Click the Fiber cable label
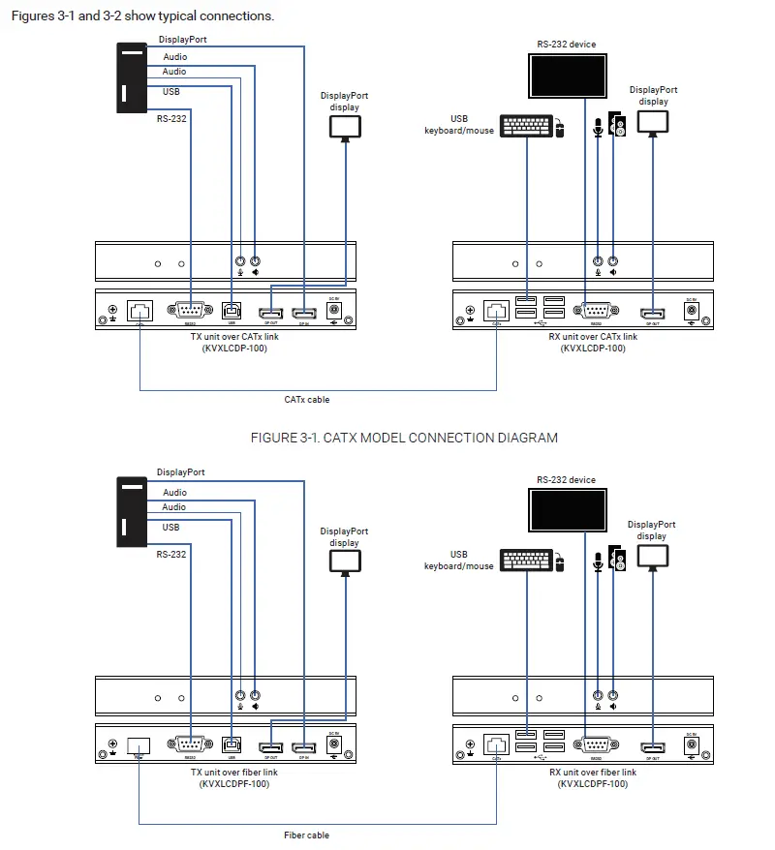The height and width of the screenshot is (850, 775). [306, 835]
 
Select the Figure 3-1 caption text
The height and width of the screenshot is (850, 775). [404, 438]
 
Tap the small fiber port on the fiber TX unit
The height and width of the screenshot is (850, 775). [139, 746]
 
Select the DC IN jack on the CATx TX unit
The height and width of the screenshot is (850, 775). [335, 311]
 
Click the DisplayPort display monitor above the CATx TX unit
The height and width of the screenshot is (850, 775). [344, 127]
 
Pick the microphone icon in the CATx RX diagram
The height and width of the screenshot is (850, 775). [598, 128]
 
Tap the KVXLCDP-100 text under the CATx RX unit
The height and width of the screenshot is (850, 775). [593, 349]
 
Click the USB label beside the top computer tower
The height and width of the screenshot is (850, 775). [170, 93]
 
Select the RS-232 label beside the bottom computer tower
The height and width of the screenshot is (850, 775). [171, 554]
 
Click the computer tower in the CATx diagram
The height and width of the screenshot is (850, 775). [132, 77]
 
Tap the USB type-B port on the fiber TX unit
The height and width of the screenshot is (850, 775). [232, 745]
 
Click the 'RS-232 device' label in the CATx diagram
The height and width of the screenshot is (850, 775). [567, 45]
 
